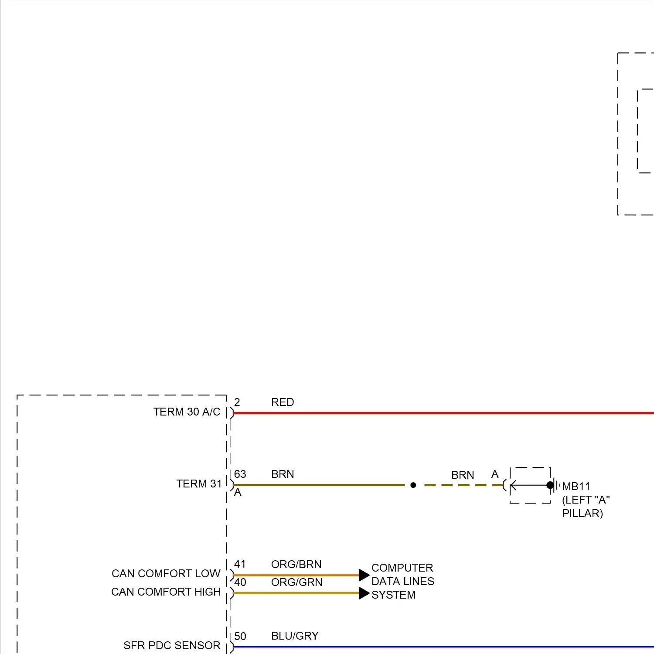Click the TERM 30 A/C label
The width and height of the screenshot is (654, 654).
tap(187, 412)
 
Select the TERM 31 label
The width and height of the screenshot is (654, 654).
tap(199, 484)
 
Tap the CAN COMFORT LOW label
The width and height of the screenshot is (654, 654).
tap(166, 574)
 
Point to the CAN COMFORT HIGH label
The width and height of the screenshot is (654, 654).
tap(166, 592)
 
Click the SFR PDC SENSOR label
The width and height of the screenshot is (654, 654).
tap(171, 646)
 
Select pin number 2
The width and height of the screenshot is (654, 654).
tap(237, 402)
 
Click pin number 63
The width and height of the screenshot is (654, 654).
tap(240, 474)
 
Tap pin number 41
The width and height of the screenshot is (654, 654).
tap(240, 564)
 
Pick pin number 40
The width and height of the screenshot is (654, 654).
tap(240, 582)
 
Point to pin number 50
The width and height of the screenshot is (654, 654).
tap(240, 637)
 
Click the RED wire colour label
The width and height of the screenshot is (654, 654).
tap(283, 402)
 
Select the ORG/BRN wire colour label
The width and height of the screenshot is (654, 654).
tap(296, 565)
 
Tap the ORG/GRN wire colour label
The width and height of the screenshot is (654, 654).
tap(296, 582)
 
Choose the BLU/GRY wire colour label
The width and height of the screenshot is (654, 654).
tap(295, 636)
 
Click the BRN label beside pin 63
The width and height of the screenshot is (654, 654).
tap(283, 474)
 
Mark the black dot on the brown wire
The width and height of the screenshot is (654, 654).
tap(413, 485)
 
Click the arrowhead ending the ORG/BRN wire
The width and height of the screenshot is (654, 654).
tap(364, 575)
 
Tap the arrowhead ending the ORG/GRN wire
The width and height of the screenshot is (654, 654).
tap(364, 593)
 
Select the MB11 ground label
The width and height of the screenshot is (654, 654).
tap(576, 487)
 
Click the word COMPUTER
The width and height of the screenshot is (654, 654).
tap(402, 568)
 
